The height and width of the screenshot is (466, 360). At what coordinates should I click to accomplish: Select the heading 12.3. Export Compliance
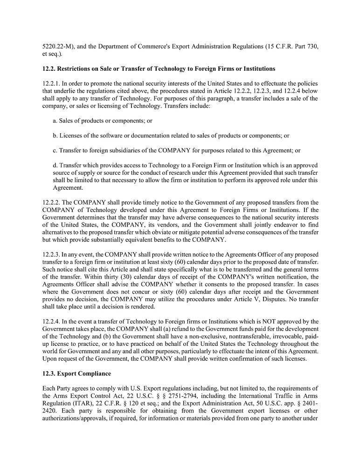pos(75,373)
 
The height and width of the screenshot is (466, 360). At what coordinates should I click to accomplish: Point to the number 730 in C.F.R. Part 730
pos(313,47)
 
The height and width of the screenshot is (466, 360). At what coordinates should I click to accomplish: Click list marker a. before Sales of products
pos(55,121)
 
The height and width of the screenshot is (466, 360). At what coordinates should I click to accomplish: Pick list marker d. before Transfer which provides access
pos(55,165)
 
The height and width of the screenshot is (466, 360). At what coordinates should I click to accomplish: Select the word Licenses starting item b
pos(71,136)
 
